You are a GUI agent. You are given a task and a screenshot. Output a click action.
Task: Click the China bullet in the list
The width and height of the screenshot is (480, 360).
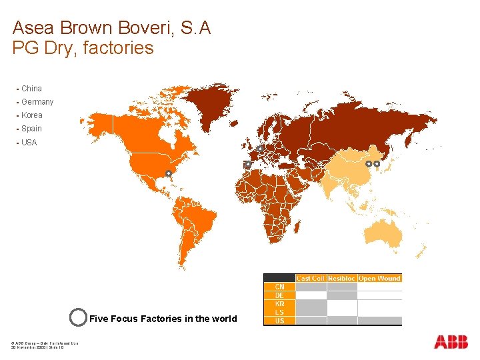click(31, 89)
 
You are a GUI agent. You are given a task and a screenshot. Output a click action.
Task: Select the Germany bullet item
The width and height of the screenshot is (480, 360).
click(37, 102)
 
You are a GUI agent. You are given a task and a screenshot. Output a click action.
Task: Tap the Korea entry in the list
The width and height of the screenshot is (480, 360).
click(31, 115)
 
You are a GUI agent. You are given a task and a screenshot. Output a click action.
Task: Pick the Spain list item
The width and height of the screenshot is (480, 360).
click(31, 129)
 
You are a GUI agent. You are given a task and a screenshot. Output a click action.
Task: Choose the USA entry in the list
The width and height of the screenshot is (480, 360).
click(29, 143)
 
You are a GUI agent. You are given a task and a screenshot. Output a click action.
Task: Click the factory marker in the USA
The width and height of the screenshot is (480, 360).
click(169, 173)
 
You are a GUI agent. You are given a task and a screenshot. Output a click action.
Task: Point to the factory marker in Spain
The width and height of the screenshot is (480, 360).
click(247, 164)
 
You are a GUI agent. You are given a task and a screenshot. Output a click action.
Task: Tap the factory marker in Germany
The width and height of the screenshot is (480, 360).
click(260, 148)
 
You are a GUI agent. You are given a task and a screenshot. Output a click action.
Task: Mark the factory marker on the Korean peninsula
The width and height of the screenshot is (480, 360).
click(377, 163)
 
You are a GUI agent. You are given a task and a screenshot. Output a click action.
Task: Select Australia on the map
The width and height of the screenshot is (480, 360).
click(383, 234)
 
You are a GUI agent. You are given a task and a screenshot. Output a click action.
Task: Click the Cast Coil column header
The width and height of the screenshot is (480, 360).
click(310, 278)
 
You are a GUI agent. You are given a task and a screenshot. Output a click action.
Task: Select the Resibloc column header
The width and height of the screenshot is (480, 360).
click(341, 278)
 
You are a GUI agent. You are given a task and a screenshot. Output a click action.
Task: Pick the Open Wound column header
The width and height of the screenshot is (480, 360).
click(379, 278)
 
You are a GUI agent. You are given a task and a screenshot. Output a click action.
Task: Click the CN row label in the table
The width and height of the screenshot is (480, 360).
click(279, 287)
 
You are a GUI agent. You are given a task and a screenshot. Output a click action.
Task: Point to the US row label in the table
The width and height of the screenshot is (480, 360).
click(279, 321)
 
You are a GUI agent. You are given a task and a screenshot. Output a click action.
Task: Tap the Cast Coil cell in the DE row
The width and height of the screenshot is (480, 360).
click(311, 295)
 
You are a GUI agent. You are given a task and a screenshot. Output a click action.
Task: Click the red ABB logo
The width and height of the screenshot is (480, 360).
click(451, 342)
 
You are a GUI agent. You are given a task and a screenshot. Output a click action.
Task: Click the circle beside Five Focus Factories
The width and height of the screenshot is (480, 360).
click(78, 317)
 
